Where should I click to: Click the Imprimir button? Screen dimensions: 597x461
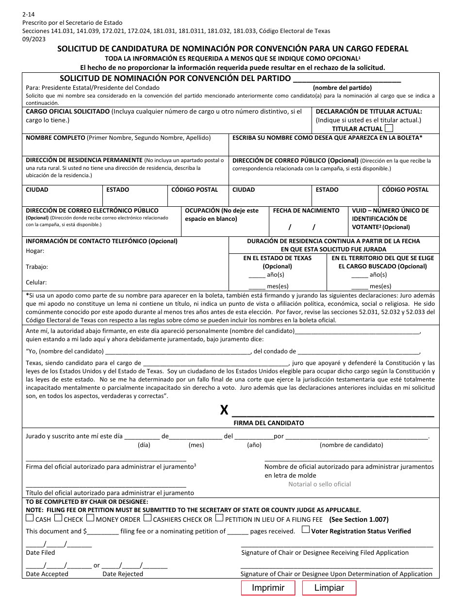[x=268, y=588]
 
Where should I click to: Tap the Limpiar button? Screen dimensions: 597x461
[x=329, y=588]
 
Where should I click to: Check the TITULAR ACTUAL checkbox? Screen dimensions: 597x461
[x=388, y=129]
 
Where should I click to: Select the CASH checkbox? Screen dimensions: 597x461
[x=30, y=518]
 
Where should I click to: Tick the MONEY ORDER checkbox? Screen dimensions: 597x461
[x=90, y=518]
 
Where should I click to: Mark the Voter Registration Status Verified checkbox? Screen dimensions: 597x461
[x=306, y=530]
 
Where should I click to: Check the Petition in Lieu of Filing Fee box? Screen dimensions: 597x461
[x=219, y=518]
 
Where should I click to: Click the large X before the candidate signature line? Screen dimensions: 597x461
[x=224, y=411]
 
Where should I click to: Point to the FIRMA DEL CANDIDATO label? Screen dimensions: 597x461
[x=268, y=423]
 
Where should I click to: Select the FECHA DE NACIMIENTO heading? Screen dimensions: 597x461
[x=306, y=211]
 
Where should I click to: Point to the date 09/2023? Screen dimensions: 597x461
[x=34, y=39]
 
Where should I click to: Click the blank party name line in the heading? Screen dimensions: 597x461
[x=347, y=79]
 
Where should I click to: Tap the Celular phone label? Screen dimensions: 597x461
[x=36, y=282]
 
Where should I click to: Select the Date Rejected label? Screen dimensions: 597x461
[x=123, y=574]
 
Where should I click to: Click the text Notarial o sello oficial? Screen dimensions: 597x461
[x=319, y=484]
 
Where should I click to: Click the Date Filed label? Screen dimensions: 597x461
[x=40, y=552]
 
